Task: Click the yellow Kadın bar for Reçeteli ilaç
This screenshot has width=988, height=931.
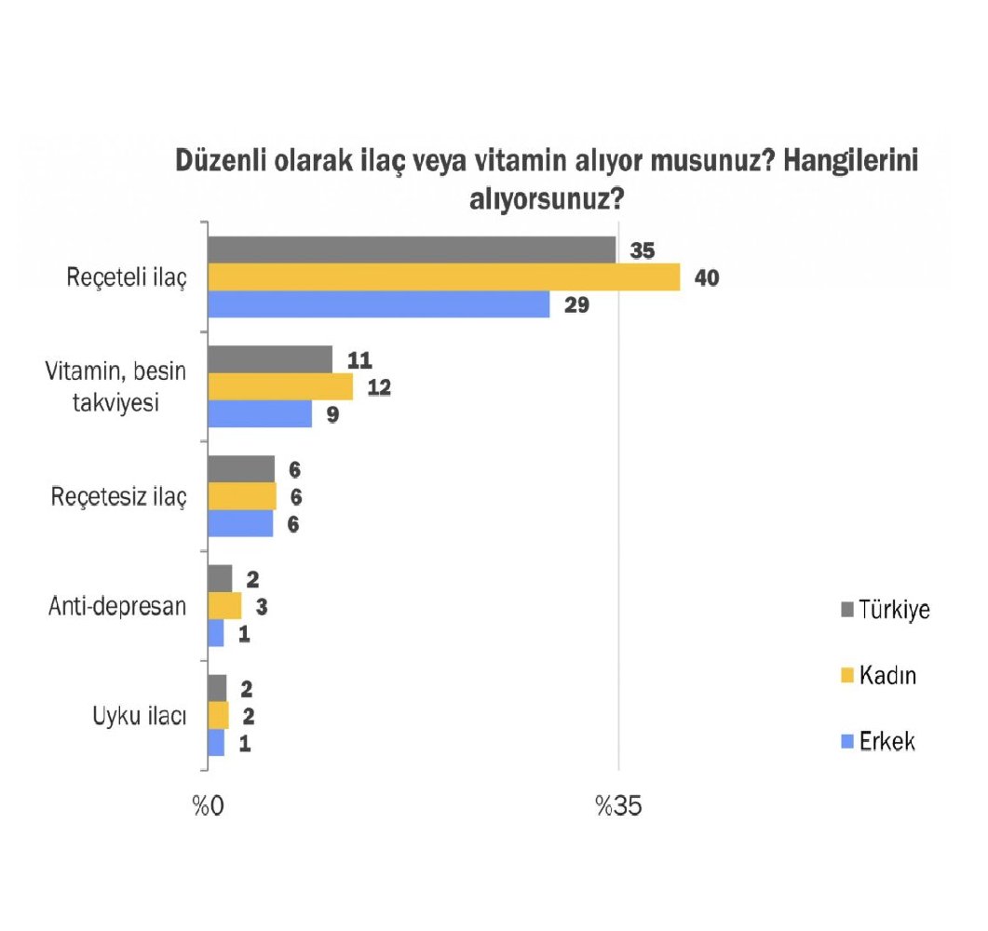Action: (x=443, y=277)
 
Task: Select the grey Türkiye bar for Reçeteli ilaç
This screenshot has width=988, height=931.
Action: (x=412, y=250)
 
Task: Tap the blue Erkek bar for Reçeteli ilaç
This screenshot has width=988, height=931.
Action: (x=378, y=304)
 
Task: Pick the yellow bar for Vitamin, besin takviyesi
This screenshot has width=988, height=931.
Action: (x=280, y=386)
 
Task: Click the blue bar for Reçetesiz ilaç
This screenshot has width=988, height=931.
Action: (x=240, y=523)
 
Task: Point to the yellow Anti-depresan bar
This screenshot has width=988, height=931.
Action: (x=224, y=606)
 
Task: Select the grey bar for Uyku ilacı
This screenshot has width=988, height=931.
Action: (x=217, y=688)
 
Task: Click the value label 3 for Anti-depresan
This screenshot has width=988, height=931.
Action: (x=262, y=606)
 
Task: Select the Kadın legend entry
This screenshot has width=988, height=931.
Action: (x=877, y=676)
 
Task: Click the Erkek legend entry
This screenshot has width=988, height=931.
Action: (x=877, y=742)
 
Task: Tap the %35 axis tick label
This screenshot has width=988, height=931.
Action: (x=618, y=806)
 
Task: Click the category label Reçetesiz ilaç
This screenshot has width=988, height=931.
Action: (x=119, y=496)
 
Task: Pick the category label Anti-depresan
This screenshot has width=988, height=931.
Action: (x=116, y=606)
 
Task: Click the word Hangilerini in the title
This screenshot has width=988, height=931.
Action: (x=851, y=160)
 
